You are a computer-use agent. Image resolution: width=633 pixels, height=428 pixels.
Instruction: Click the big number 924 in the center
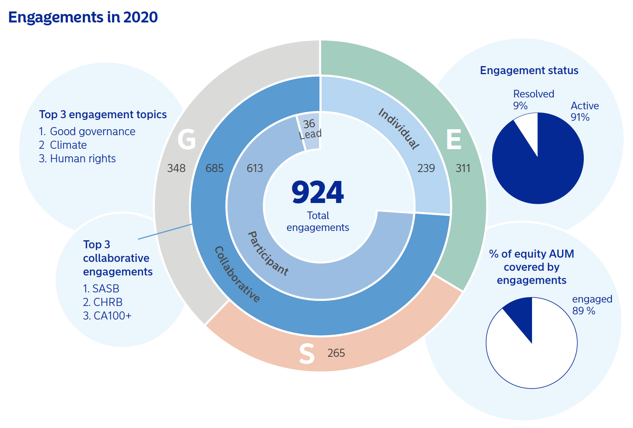tap(317, 193)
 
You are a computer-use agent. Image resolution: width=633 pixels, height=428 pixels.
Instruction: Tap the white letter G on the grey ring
tap(187, 139)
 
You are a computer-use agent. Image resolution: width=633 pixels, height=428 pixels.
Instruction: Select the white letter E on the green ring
tap(454, 139)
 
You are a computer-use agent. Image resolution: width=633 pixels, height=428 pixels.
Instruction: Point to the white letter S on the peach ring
tap(307, 354)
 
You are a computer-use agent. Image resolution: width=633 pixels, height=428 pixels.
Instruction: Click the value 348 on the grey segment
tap(176, 168)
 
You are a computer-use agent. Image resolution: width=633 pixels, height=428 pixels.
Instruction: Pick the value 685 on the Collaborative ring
tap(214, 168)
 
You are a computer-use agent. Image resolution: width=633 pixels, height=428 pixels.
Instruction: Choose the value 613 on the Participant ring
tap(255, 168)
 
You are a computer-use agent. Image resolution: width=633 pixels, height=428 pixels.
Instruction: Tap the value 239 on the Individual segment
tap(426, 168)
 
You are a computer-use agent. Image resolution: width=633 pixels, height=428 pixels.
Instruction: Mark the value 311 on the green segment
tap(463, 168)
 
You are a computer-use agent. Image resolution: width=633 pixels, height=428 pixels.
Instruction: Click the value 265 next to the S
tap(336, 353)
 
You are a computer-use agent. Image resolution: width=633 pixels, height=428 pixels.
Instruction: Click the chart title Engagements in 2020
tap(83, 17)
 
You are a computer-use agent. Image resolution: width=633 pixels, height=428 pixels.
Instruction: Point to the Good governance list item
tap(92, 131)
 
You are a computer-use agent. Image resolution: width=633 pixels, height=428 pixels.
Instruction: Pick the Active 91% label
tap(584, 111)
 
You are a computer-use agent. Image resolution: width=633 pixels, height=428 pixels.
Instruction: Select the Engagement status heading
tap(529, 70)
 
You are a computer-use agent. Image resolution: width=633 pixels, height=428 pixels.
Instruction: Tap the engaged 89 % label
tap(592, 305)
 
